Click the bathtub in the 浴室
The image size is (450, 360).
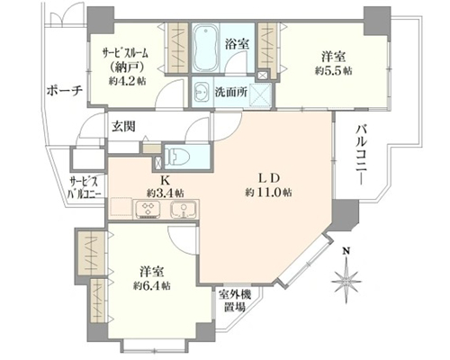[x=205, y=48]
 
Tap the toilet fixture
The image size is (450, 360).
[x=177, y=157]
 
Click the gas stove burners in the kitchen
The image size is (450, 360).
[x=148, y=209]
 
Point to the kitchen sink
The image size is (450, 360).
[x=184, y=209]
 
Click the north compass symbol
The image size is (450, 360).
[x=346, y=274]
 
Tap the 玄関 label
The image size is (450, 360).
[x=123, y=127]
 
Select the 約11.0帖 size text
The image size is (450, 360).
[x=269, y=192]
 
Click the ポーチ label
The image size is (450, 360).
[x=65, y=91]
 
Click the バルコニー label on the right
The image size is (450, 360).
[x=362, y=155]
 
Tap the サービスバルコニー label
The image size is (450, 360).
[x=84, y=188]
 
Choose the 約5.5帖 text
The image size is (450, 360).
[x=334, y=71]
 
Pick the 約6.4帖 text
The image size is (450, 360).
[x=152, y=285]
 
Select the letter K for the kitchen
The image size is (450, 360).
[x=166, y=181]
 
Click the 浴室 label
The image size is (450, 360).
[x=237, y=44]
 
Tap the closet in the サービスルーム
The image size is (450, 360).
[x=177, y=48]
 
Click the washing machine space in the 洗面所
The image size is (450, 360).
[x=260, y=94]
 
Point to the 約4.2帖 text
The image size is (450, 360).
[x=128, y=81]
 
